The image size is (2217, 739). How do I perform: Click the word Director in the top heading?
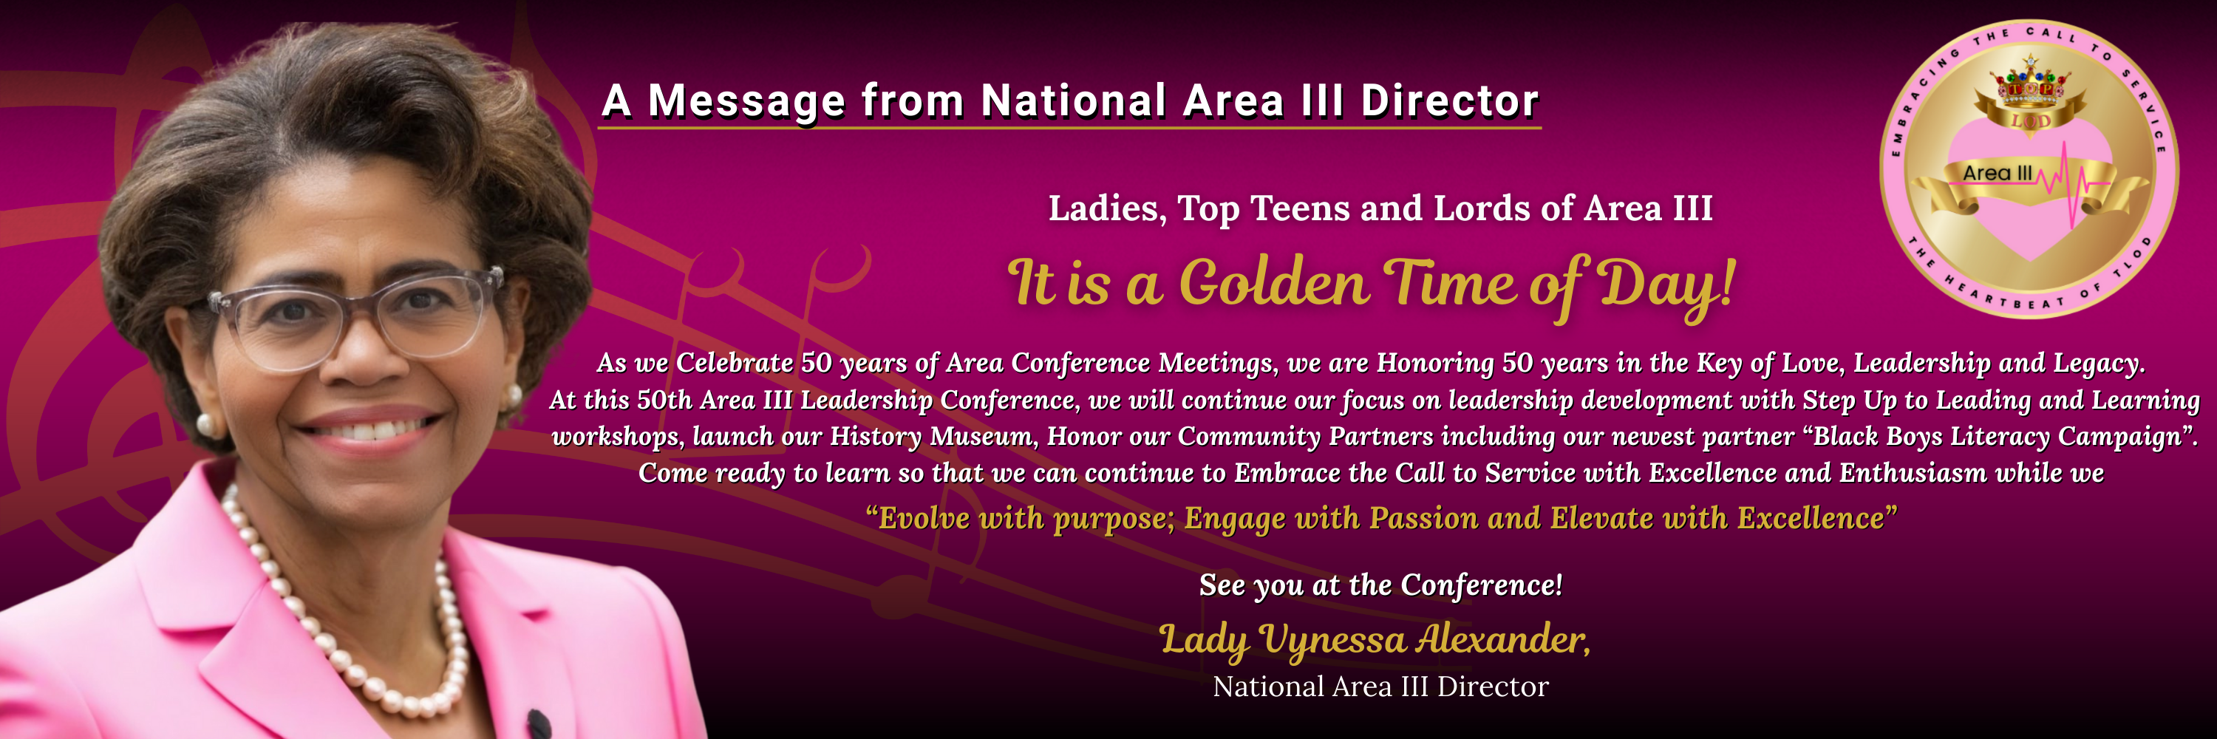click(x=1449, y=101)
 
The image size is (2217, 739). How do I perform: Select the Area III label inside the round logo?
click(x=1997, y=173)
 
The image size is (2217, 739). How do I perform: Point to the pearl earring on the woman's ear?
click(x=207, y=423)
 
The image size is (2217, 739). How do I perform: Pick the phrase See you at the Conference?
click(x=1380, y=585)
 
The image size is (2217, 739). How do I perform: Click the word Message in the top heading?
click(x=746, y=101)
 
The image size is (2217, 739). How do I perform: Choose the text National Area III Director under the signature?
click(x=1380, y=687)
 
